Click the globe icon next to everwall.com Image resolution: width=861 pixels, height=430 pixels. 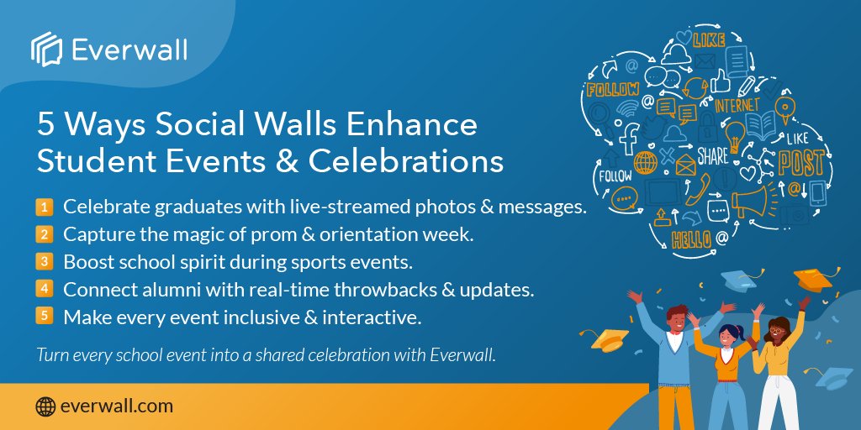[45, 406]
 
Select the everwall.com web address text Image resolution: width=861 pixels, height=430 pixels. [117, 406]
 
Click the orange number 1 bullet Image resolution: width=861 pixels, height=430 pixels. [44, 207]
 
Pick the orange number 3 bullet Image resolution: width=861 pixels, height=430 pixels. [44, 261]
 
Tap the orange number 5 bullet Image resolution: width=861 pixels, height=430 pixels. [44, 316]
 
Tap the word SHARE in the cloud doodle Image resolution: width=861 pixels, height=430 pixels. [712, 156]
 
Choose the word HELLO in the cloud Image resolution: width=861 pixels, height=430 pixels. [691, 240]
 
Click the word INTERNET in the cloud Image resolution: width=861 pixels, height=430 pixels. [737, 104]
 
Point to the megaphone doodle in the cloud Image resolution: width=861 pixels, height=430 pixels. [751, 202]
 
